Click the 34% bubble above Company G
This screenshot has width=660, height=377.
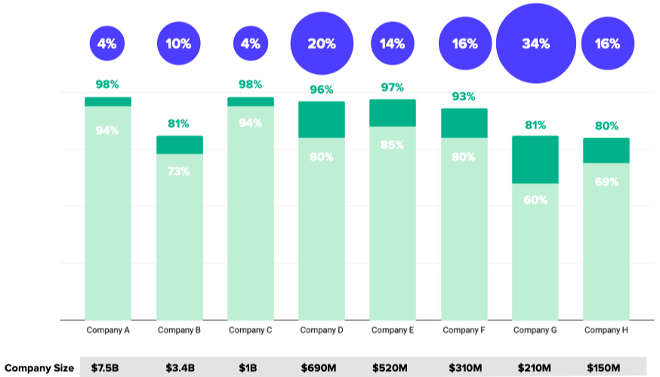[x=535, y=44]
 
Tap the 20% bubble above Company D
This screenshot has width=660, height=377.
[x=322, y=44]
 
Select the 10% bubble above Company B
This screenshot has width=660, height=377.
[x=179, y=44]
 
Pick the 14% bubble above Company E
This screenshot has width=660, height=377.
[x=393, y=44]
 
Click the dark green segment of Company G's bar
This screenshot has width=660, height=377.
[x=535, y=159]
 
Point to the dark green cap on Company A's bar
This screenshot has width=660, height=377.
[x=108, y=101]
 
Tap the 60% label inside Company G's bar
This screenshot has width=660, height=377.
[x=535, y=200]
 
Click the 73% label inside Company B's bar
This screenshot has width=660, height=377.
[x=179, y=171]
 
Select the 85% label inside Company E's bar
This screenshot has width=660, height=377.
[x=393, y=144]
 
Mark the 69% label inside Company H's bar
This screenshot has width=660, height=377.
[x=606, y=182]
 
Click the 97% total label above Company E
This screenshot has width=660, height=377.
[x=393, y=88]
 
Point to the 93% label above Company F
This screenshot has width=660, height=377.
[x=464, y=97]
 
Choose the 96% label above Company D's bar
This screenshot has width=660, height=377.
[x=322, y=90]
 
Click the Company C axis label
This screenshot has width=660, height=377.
[x=251, y=330]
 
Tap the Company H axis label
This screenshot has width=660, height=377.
[x=606, y=330]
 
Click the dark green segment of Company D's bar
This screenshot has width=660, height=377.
[x=322, y=119]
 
